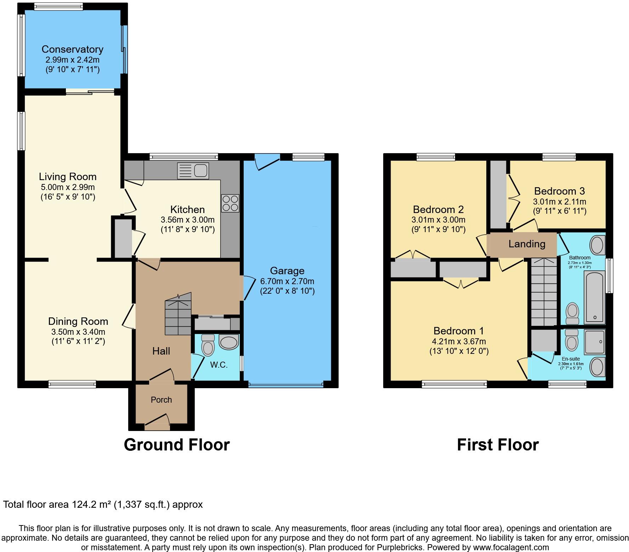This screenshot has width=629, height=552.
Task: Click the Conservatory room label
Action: click(72, 49)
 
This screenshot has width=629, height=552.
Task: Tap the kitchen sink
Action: click(193, 171)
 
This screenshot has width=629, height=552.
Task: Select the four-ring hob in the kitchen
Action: click(230, 203)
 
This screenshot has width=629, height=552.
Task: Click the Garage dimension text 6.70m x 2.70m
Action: click(287, 282)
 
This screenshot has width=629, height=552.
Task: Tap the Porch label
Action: click(161, 400)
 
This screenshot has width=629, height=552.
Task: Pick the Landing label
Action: click(527, 244)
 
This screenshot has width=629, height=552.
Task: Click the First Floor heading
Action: click(498, 445)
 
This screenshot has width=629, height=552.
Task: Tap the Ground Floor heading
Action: click(177, 445)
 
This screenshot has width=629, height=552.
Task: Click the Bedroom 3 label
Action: click(559, 191)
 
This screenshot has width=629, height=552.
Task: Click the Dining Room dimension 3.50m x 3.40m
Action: click(78, 332)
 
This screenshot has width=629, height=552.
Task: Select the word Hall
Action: click(161, 351)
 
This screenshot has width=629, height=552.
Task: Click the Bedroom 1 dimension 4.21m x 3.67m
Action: click(459, 341)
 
